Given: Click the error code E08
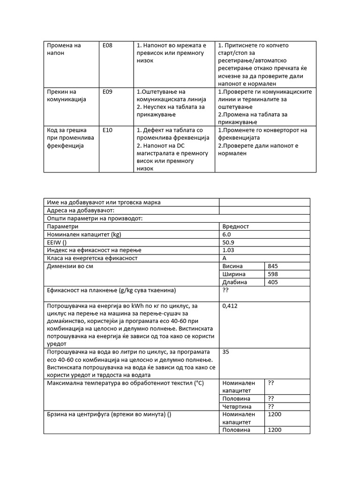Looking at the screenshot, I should [108, 45].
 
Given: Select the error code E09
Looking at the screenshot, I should [108, 92].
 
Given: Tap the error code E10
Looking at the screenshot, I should [108, 130].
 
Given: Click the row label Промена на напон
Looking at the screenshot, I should [64, 49].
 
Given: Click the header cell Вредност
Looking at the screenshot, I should [236, 226].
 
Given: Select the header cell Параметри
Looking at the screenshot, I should [65, 226].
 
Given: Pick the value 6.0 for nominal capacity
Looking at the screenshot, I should [227, 234].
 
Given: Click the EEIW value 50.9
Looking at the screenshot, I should [228, 242].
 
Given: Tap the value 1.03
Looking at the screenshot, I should [228, 250].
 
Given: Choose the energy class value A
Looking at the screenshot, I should [225, 258].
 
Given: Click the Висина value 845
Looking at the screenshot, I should [273, 266].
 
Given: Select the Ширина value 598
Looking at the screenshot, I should [273, 274].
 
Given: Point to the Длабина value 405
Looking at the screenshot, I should [273, 282].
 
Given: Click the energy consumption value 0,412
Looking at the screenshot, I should [231, 306].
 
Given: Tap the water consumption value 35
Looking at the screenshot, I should [226, 352].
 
